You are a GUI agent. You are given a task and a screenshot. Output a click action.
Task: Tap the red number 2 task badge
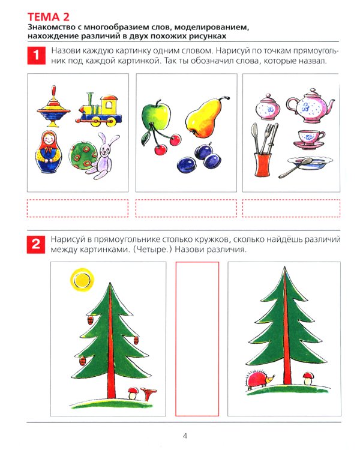[37, 244]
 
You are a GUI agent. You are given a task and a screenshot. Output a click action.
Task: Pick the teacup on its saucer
[310, 140]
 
